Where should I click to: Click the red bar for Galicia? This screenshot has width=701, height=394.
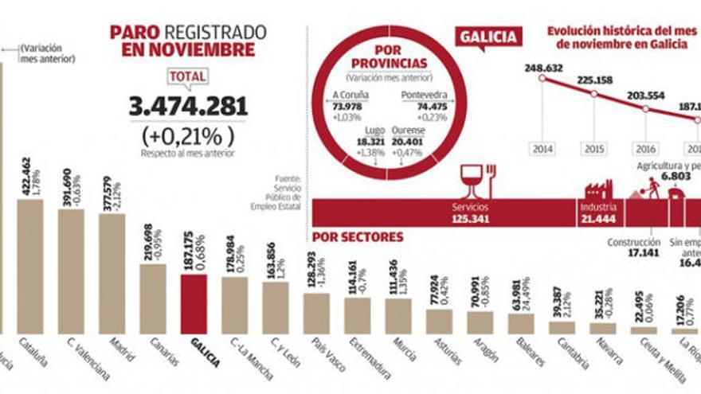[194, 304]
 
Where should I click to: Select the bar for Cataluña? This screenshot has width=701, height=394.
[30, 266]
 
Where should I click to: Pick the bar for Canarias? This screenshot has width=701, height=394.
[152, 298]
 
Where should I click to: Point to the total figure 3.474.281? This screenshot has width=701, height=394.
[188, 106]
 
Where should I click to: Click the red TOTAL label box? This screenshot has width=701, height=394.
[188, 76]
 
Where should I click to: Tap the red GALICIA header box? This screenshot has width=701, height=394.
[488, 37]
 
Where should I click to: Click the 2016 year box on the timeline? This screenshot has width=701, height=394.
[645, 149]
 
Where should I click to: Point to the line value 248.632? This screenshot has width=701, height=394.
[543, 68]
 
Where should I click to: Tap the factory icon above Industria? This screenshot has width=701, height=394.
[597, 189]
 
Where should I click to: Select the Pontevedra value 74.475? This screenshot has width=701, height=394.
[424, 106]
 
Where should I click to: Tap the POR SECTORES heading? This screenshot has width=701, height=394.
[358, 236]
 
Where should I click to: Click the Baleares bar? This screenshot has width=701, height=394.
[521, 323]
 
